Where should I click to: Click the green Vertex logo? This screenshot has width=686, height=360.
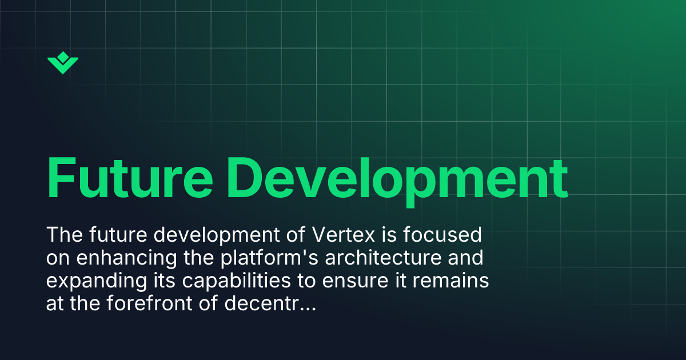coord(63,63)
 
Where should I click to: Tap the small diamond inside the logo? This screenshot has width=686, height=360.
coord(63,57)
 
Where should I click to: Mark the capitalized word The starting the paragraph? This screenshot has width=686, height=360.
coord(63,235)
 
